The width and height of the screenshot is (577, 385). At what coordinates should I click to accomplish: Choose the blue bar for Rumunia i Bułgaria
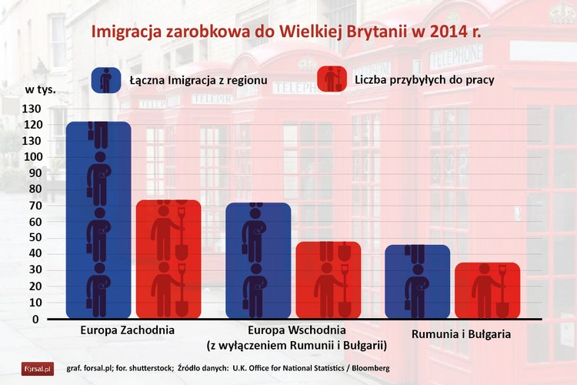click(x=417, y=281)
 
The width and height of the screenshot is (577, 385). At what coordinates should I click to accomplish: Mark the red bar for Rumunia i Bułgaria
click(x=487, y=290)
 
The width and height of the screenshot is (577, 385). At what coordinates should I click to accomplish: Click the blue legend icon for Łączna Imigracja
click(x=105, y=79)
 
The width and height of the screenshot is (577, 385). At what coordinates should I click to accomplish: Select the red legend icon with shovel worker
click(x=332, y=79)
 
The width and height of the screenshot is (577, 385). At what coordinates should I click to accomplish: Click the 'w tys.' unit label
click(x=40, y=89)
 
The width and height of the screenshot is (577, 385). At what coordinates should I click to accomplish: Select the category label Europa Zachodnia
click(x=127, y=330)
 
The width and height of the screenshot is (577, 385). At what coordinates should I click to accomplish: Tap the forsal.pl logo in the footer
click(x=37, y=368)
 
